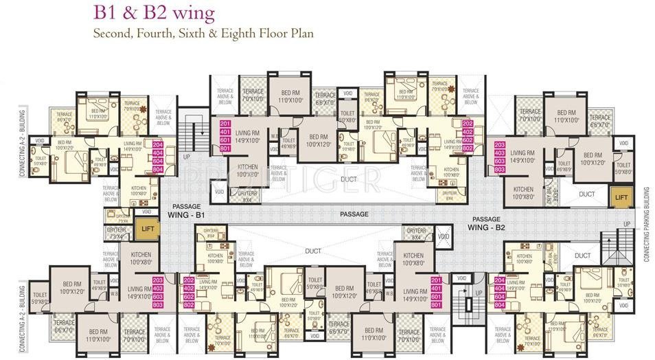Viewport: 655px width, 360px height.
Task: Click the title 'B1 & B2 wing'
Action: (154, 12)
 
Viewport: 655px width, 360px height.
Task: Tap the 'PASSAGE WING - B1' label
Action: (187, 211)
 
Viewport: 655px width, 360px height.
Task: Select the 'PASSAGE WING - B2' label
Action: (486, 222)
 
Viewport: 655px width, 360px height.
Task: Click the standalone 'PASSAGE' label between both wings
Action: (353, 214)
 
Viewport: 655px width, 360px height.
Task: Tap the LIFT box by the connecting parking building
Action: (621, 197)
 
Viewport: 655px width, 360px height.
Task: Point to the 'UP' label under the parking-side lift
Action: (626, 224)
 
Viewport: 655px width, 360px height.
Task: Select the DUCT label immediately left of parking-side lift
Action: (587, 194)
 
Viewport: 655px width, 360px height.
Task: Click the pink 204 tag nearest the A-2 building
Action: (157, 145)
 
